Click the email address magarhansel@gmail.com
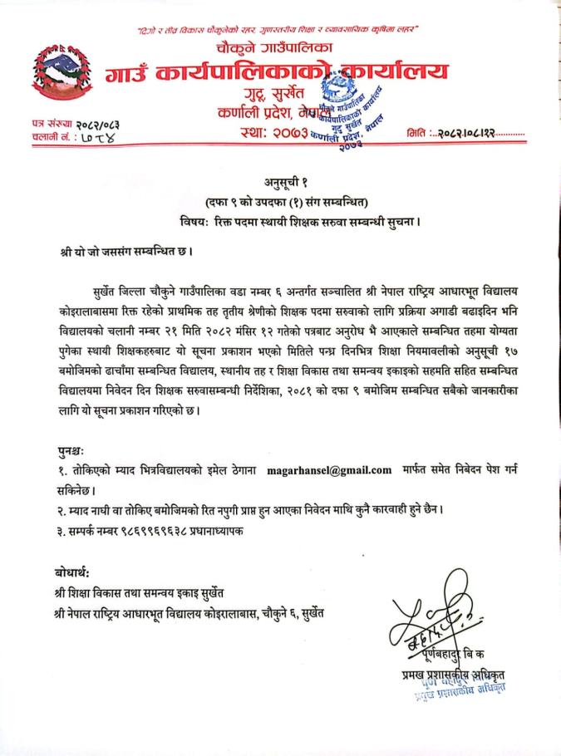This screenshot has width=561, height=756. click(x=329, y=470)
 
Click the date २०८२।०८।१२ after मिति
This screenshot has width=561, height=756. click(x=470, y=133)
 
